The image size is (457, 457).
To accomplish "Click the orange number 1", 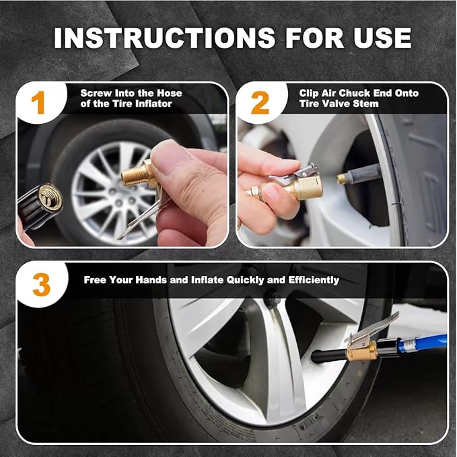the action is [x=38, y=102].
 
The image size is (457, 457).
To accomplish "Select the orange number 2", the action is [x=260, y=102].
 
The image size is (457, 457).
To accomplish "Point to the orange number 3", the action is [x=41, y=285].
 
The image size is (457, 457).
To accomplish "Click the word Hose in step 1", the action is [x=170, y=94].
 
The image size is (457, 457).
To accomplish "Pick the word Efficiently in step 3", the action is [x=314, y=280].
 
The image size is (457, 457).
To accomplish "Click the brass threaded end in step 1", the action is [x=133, y=176].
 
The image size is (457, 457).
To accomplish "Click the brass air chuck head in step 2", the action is [x=303, y=186].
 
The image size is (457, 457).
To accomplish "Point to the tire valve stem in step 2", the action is [x=359, y=174].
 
